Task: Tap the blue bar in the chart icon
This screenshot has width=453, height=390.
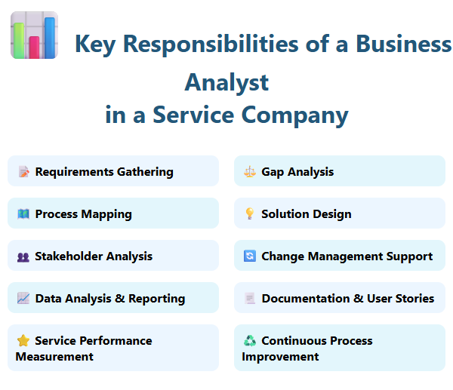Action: [x=50, y=37]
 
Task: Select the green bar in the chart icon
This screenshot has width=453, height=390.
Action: [x=19, y=40]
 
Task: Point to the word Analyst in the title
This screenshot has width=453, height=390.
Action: [x=226, y=81]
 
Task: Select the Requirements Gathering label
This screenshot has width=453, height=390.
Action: [x=104, y=172]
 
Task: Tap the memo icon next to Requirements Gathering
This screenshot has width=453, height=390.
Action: [x=23, y=172]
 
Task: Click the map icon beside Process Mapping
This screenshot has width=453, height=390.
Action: [x=23, y=214]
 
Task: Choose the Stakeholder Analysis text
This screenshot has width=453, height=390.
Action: [x=94, y=256]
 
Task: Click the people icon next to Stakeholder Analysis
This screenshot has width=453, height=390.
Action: [x=23, y=256]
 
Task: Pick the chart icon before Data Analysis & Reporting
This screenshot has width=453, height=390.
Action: [x=23, y=299]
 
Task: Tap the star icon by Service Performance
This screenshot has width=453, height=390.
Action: [x=23, y=341]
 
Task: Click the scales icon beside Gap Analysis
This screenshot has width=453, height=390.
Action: [x=250, y=172]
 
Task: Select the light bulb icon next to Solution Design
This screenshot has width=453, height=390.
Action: [x=250, y=214]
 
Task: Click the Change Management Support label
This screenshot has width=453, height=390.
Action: [x=347, y=256]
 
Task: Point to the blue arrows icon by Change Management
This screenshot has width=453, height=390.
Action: [x=250, y=256]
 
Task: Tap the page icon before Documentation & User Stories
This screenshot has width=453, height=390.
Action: [x=250, y=299]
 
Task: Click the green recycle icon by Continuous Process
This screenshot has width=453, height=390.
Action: [x=250, y=341]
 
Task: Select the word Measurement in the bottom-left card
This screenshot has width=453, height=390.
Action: [x=54, y=356]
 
